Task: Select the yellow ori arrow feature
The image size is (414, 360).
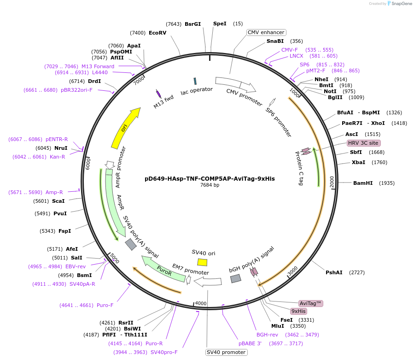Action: point(125,128)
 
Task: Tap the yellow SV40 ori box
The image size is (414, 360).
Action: point(202,262)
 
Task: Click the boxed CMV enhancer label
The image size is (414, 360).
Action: point(266,32)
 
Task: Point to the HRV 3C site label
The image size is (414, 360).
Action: point(363,143)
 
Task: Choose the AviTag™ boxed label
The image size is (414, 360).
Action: point(311,303)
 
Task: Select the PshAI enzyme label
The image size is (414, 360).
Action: point(334,272)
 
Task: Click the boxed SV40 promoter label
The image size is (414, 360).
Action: point(226,352)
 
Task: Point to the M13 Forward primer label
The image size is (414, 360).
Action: point(98,66)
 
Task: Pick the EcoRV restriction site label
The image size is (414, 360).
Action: point(157,33)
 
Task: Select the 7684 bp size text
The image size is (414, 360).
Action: point(210,185)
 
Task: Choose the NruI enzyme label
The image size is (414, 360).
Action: point(61,148)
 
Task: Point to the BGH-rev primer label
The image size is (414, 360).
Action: point(268,335)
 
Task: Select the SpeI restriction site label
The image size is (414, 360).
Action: point(220,24)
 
